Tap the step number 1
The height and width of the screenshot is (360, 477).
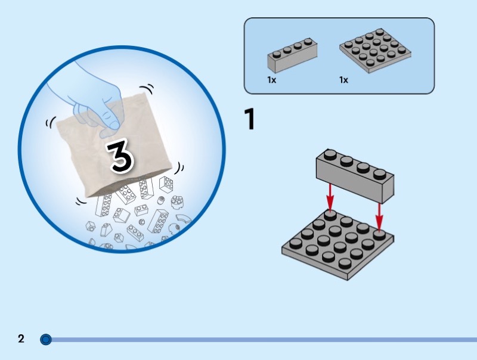[x=249, y=119]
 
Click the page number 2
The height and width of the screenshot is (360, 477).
[x=21, y=339]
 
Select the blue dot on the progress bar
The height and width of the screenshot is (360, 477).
[x=46, y=339]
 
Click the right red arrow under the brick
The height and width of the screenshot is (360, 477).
[x=379, y=216]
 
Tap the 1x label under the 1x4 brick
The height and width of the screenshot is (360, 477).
[x=272, y=80]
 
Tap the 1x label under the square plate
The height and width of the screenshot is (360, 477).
[x=343, y=80]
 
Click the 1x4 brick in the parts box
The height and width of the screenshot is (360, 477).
[x=292, y=55]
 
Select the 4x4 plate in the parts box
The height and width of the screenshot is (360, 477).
[x=376, y=51]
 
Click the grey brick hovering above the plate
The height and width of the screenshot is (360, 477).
[x=355, y=176]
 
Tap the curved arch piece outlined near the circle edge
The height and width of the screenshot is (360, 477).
[x=184, y=220]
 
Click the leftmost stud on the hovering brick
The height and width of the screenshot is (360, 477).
[x=330, y=154]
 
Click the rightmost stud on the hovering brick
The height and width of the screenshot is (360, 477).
[x=380, y=174]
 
